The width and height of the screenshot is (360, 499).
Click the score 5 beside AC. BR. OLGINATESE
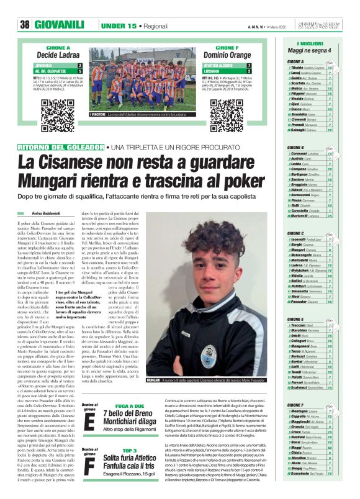click(79, 70)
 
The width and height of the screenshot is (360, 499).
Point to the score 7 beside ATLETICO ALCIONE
click(249, 64)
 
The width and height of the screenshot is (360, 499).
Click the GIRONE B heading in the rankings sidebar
click(295, 147)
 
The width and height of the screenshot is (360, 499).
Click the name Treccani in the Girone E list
click(301, 325)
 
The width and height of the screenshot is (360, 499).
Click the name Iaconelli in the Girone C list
click(302, 239)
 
